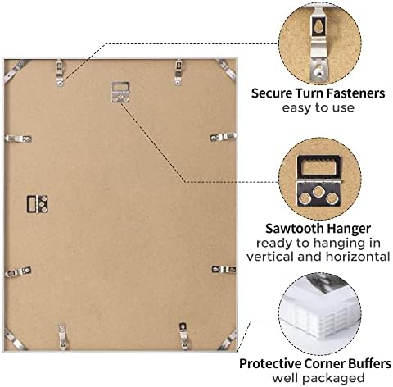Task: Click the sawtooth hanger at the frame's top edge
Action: [120, 93]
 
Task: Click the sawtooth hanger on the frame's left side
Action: [38, 204]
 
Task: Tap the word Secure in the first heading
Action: [272, 93]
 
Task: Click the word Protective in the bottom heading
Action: [270, 364]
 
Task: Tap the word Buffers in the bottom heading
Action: [369, 364]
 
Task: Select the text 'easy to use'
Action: [318, 107]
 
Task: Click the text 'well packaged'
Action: [318, 378]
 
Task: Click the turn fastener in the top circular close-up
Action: [318, 43]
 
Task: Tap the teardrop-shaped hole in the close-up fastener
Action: [318, 28]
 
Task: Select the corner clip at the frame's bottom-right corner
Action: [228, 339]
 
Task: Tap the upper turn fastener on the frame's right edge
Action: [223, 137]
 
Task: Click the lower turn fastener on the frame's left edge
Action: [18, 271]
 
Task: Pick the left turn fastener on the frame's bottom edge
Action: [62, 336]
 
